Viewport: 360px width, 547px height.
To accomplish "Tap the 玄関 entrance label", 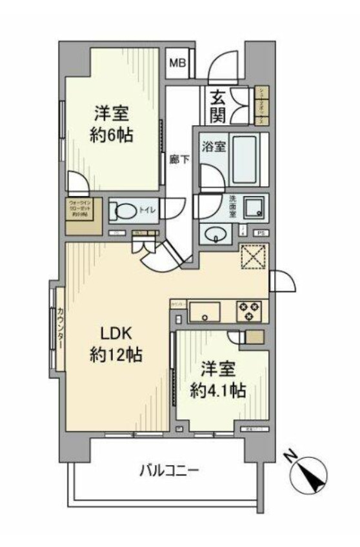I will [217, 107].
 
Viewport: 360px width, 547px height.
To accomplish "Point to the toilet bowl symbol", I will [123, 210].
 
